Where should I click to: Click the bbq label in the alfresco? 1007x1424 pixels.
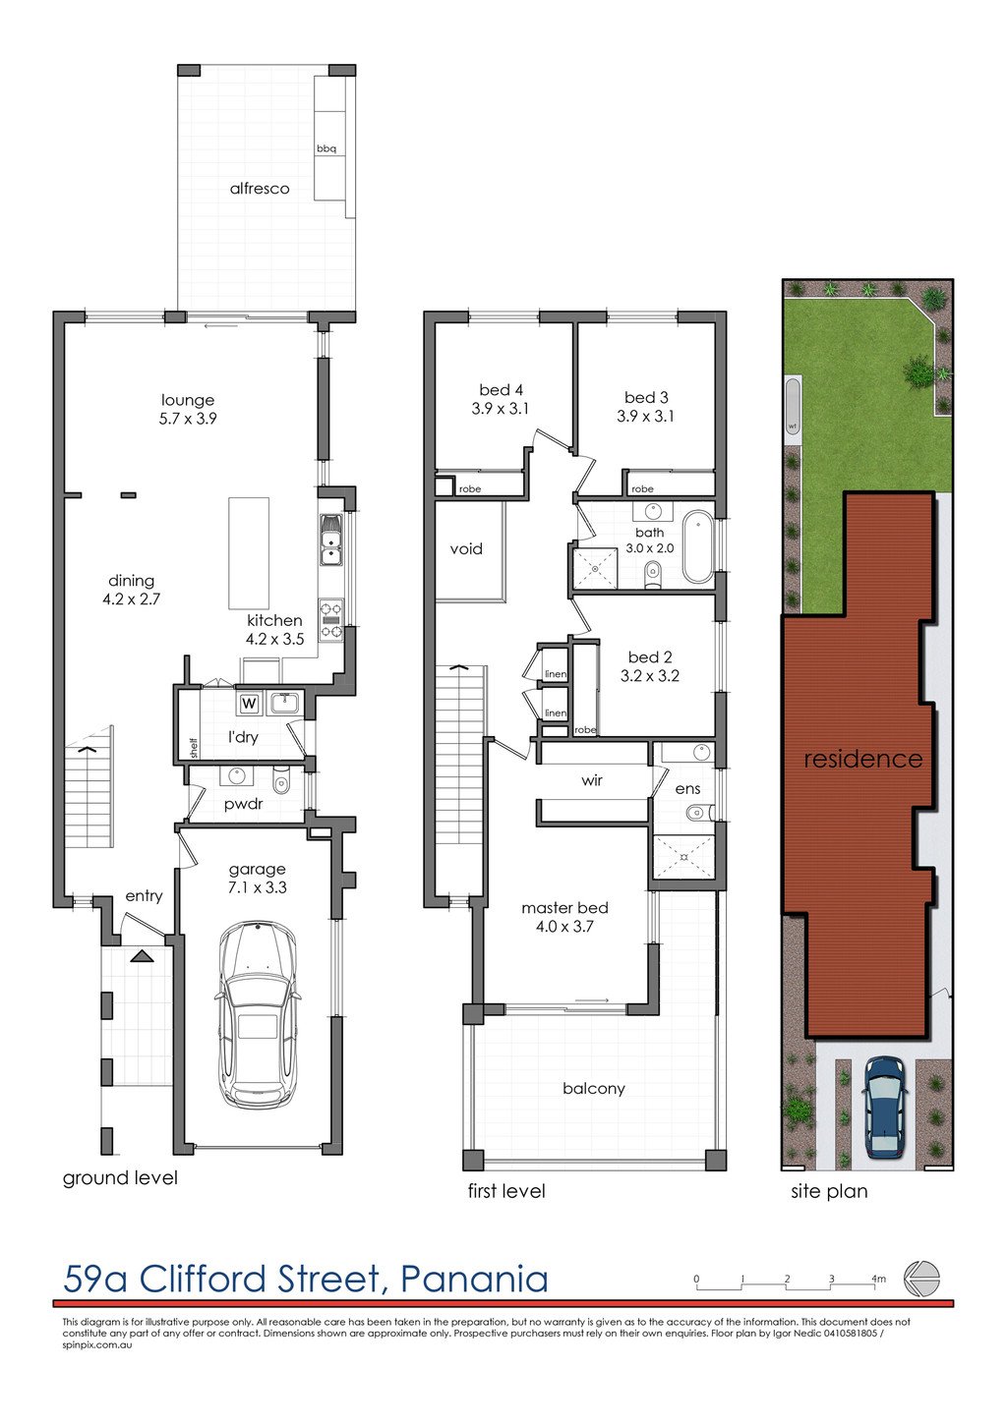pyautogui.click(x=326, y=149)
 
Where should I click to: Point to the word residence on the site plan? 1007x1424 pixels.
pyautogui.click(x=862, y=759)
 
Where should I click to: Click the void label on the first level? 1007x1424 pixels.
pyautogui.click(x=466, y=549)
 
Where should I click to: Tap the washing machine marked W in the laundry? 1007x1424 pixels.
pyautogui.click(x=249, y=704)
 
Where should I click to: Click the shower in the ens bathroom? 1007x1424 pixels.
pyautogui.click(x=683, y=856)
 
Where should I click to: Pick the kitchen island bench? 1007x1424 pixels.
pyautogui.click(x=249, y=553)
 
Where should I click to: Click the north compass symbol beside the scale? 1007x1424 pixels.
pyautogui.click(x=921, y=1279)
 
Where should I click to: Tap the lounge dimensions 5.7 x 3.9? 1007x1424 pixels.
pyautogui.click(x=188, y=419)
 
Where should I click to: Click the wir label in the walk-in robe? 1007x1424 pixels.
pyautogui.click(x=592, y=780)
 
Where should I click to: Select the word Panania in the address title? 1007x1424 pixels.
pyautogui.click(x=475, y=1279)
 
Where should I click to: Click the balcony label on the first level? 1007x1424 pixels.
pyautogui.click(x=593, y=1088)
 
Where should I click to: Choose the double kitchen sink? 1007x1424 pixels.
pyautogui.click(x=331, y=541)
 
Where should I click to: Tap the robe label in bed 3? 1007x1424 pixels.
pyautogui.click(x=642, y=488)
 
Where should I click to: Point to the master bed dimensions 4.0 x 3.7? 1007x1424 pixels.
pyautogui.click(x=564, y=926)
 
